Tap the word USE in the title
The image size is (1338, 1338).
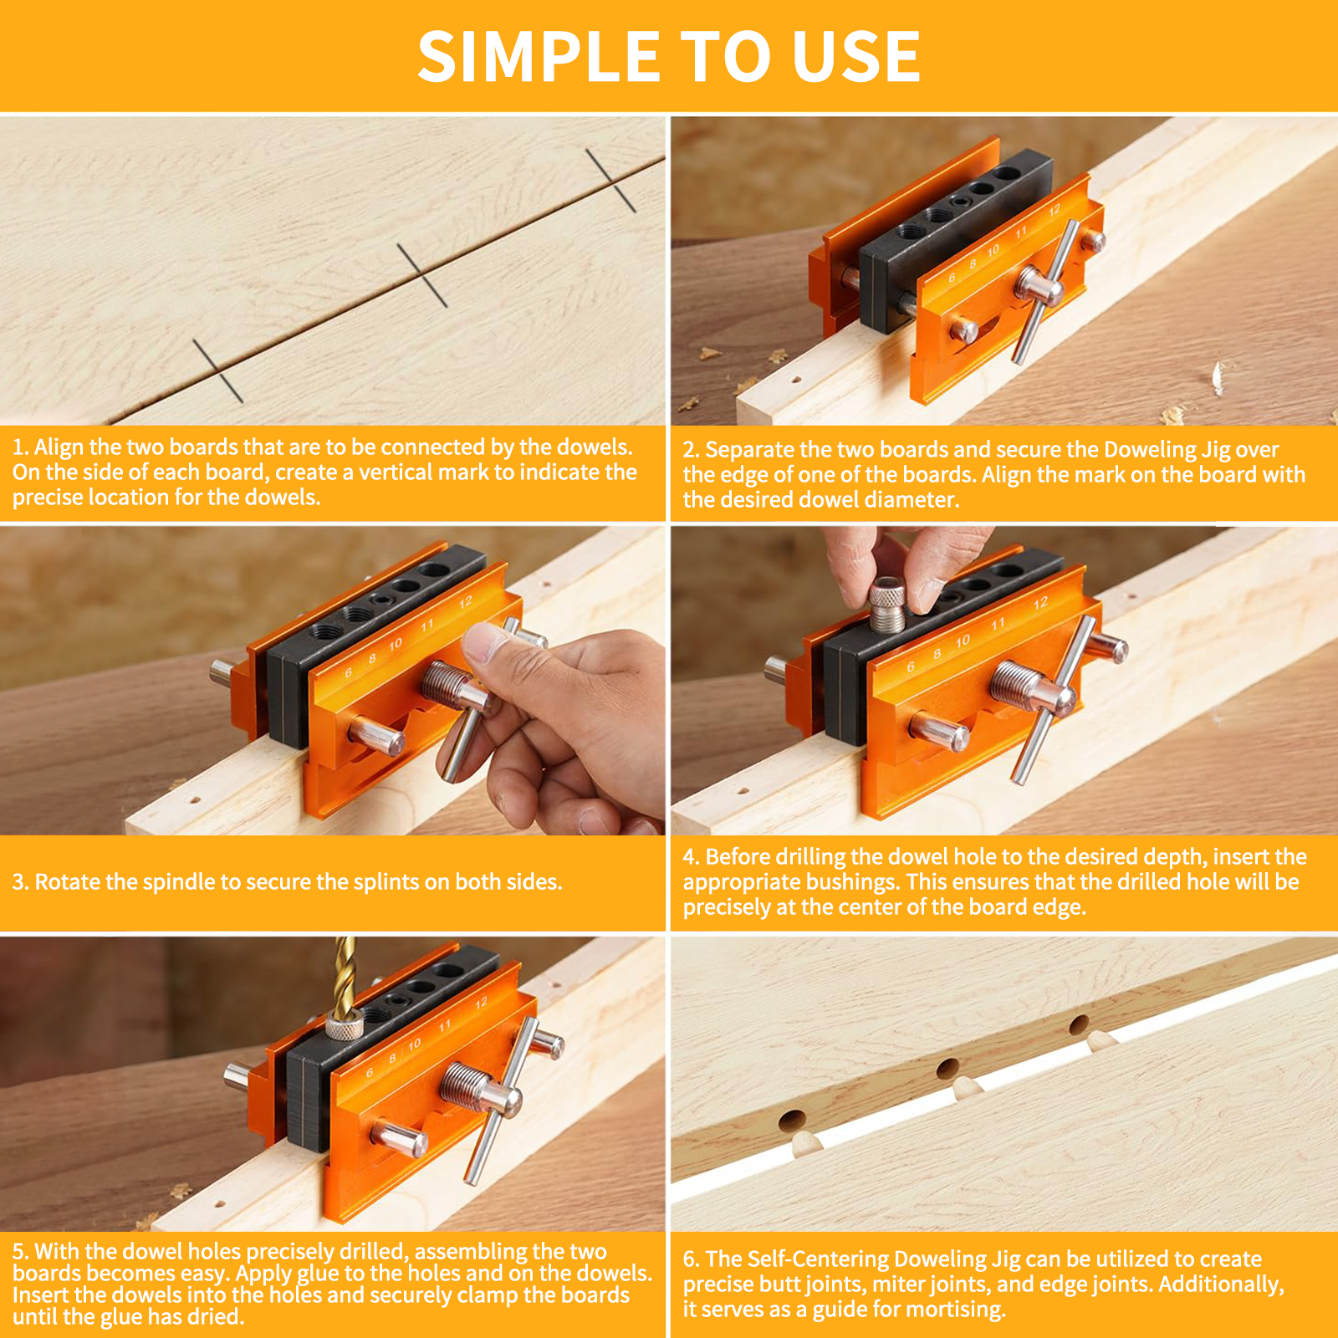click(856, 57)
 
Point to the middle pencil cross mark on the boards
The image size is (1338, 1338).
click(421, 275)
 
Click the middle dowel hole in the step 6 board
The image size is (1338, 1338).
click(947, 1068)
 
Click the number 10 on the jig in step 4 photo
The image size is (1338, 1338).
click(962, 641)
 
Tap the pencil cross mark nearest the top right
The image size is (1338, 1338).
click(611, 180)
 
